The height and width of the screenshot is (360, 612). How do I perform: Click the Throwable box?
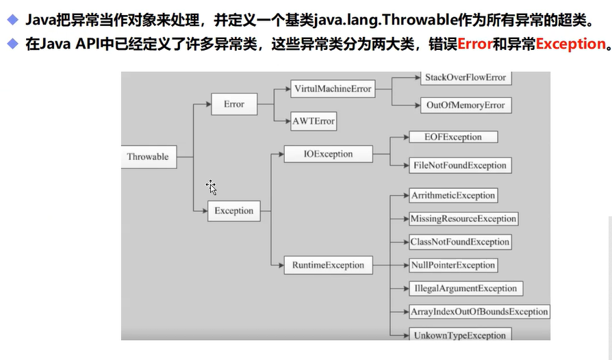click(147, 157)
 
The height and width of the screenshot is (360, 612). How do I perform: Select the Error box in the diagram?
click(233, 104)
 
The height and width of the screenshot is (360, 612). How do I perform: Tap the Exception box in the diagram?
click(233, 211)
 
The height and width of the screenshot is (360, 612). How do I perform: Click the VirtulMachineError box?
click(332, 89)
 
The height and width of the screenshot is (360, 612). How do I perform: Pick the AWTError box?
click(314, 121)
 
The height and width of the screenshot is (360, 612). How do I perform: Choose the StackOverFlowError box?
click(466, 77)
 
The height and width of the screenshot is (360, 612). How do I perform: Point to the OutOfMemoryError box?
click(466, 105)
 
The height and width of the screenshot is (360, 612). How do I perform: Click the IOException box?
click(328, 154)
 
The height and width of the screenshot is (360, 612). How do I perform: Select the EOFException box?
click(453, 137)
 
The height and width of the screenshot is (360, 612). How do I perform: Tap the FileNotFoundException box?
click(460, 165)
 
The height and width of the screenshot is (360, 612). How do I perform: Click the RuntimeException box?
click(329, 265)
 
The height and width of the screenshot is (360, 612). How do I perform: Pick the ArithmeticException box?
click(453, 195)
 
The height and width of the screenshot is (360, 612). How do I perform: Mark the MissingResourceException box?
click(463, 219)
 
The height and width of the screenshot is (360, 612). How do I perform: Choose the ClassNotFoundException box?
click(460, 242)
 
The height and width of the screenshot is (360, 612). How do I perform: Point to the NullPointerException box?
click(452, 265)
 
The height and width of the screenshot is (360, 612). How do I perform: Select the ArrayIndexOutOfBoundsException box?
click(479, 311)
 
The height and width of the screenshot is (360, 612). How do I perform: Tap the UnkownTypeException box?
click(459, 335)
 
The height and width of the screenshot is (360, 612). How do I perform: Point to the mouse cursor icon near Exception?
click(212, 188)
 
